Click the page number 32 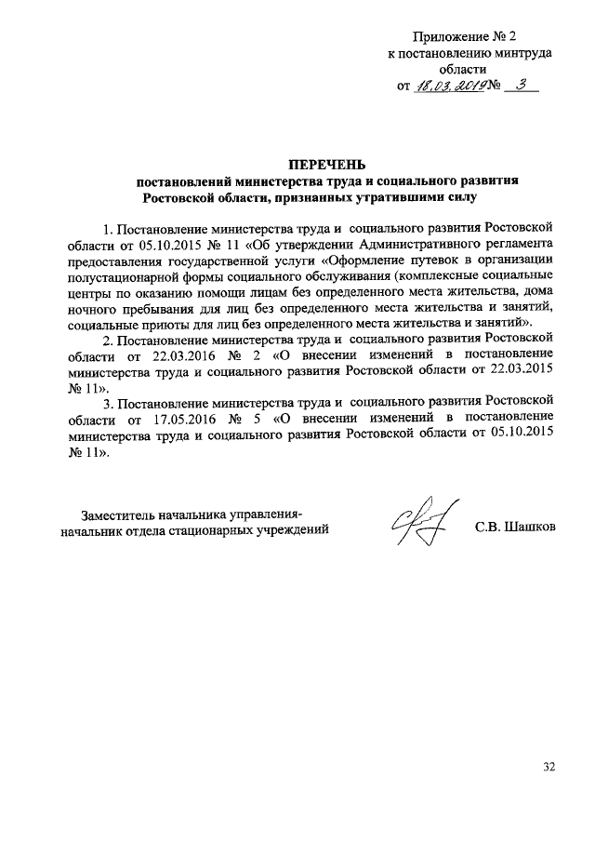pos(548,767)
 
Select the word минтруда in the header pos(526,54)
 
